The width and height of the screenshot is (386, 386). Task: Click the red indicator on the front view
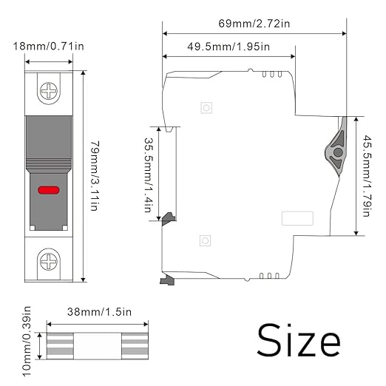49,190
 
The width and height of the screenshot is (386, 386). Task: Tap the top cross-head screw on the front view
49,91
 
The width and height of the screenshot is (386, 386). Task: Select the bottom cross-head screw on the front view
49,262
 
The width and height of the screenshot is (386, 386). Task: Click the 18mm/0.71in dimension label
48,47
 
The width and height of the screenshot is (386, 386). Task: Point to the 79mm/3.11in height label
95,176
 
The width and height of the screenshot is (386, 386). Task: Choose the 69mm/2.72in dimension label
254,24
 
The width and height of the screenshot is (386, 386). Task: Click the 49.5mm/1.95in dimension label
228,47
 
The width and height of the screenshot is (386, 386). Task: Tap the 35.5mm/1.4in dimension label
149,175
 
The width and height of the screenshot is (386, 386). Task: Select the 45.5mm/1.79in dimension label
367,176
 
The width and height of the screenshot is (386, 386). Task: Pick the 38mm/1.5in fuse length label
99,312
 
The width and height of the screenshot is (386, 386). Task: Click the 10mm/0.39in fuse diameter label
27,342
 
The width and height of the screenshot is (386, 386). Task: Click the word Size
299,341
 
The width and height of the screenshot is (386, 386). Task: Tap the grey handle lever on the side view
336,147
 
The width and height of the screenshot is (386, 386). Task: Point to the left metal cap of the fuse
60,346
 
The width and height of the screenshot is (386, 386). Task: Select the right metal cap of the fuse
135,346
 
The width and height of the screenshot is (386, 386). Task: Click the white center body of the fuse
98,346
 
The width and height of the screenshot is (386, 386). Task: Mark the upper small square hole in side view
206,108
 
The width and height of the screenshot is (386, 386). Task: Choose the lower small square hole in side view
205,240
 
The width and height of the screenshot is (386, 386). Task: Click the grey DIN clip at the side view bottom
168,280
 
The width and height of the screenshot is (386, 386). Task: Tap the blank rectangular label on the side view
297,218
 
